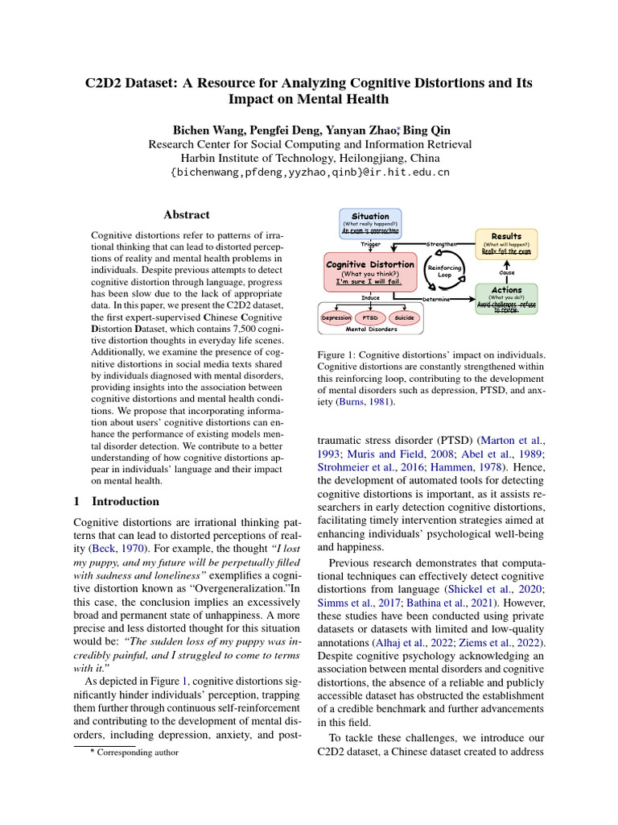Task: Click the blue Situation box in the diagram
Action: pyautogui.click(x=370, y=223)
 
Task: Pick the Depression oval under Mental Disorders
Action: pyautogui.click(x=336, y=318)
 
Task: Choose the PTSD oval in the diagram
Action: pyautogui.click(x=370, y=318)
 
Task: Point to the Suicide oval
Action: pyautogui.click(x=404, y=318)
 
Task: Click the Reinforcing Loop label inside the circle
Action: pyautogui.click(x=444, y=271)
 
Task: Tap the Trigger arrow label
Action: pyautogui.click(x=370, y=243)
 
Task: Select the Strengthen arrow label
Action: pyautogui.click(x=442, y=243)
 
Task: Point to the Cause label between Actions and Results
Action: pyautogui.click(x=507, y=272)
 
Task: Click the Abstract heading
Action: pyautogui.click(x=187, y=215)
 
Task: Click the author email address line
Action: pyautogui.click(x=310, y=172)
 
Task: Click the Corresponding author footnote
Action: pyautogui.click(x=133, y=752)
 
